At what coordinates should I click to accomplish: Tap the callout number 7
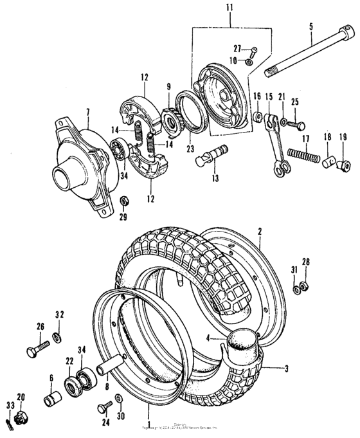(x=87, y=111)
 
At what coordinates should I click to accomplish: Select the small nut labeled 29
(x=122, y=202)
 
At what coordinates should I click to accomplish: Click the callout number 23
(x=190, y=147)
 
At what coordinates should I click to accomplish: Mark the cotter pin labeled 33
(x=9, y=423)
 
